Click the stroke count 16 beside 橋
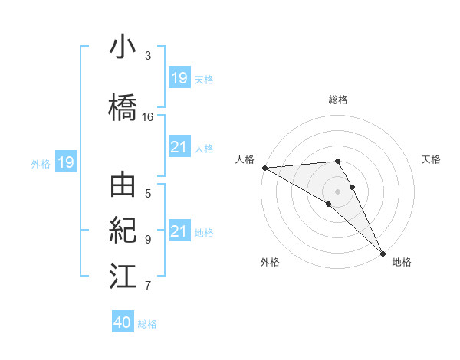pyautogui.click(x=148, y=117)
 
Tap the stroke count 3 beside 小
pyautogui.click(x=148, y=56)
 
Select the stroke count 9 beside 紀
pyautogui.click(x=148, y=239)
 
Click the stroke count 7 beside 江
pyautogui.click(x=148, y=286)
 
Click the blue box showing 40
pyautogui.click(x=123, y=322)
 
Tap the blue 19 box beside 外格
pyautogui.click(x=65, y=162)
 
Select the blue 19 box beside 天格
pyautogui.click(x=179, y=78)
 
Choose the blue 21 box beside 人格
pyautogui.click(x=179, y=147)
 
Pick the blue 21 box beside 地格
pyautogui.click(x=179, y=231)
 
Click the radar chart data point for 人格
pyautogui.click(x=264, y=168)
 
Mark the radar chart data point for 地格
pyautogui.click(x=383, y=252)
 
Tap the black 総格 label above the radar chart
pyautogui.click(x=337, y=100)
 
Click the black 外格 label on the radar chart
pyautogui.click(x=270, y=262)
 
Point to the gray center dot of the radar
pyautogui.click(x=337, y=191)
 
